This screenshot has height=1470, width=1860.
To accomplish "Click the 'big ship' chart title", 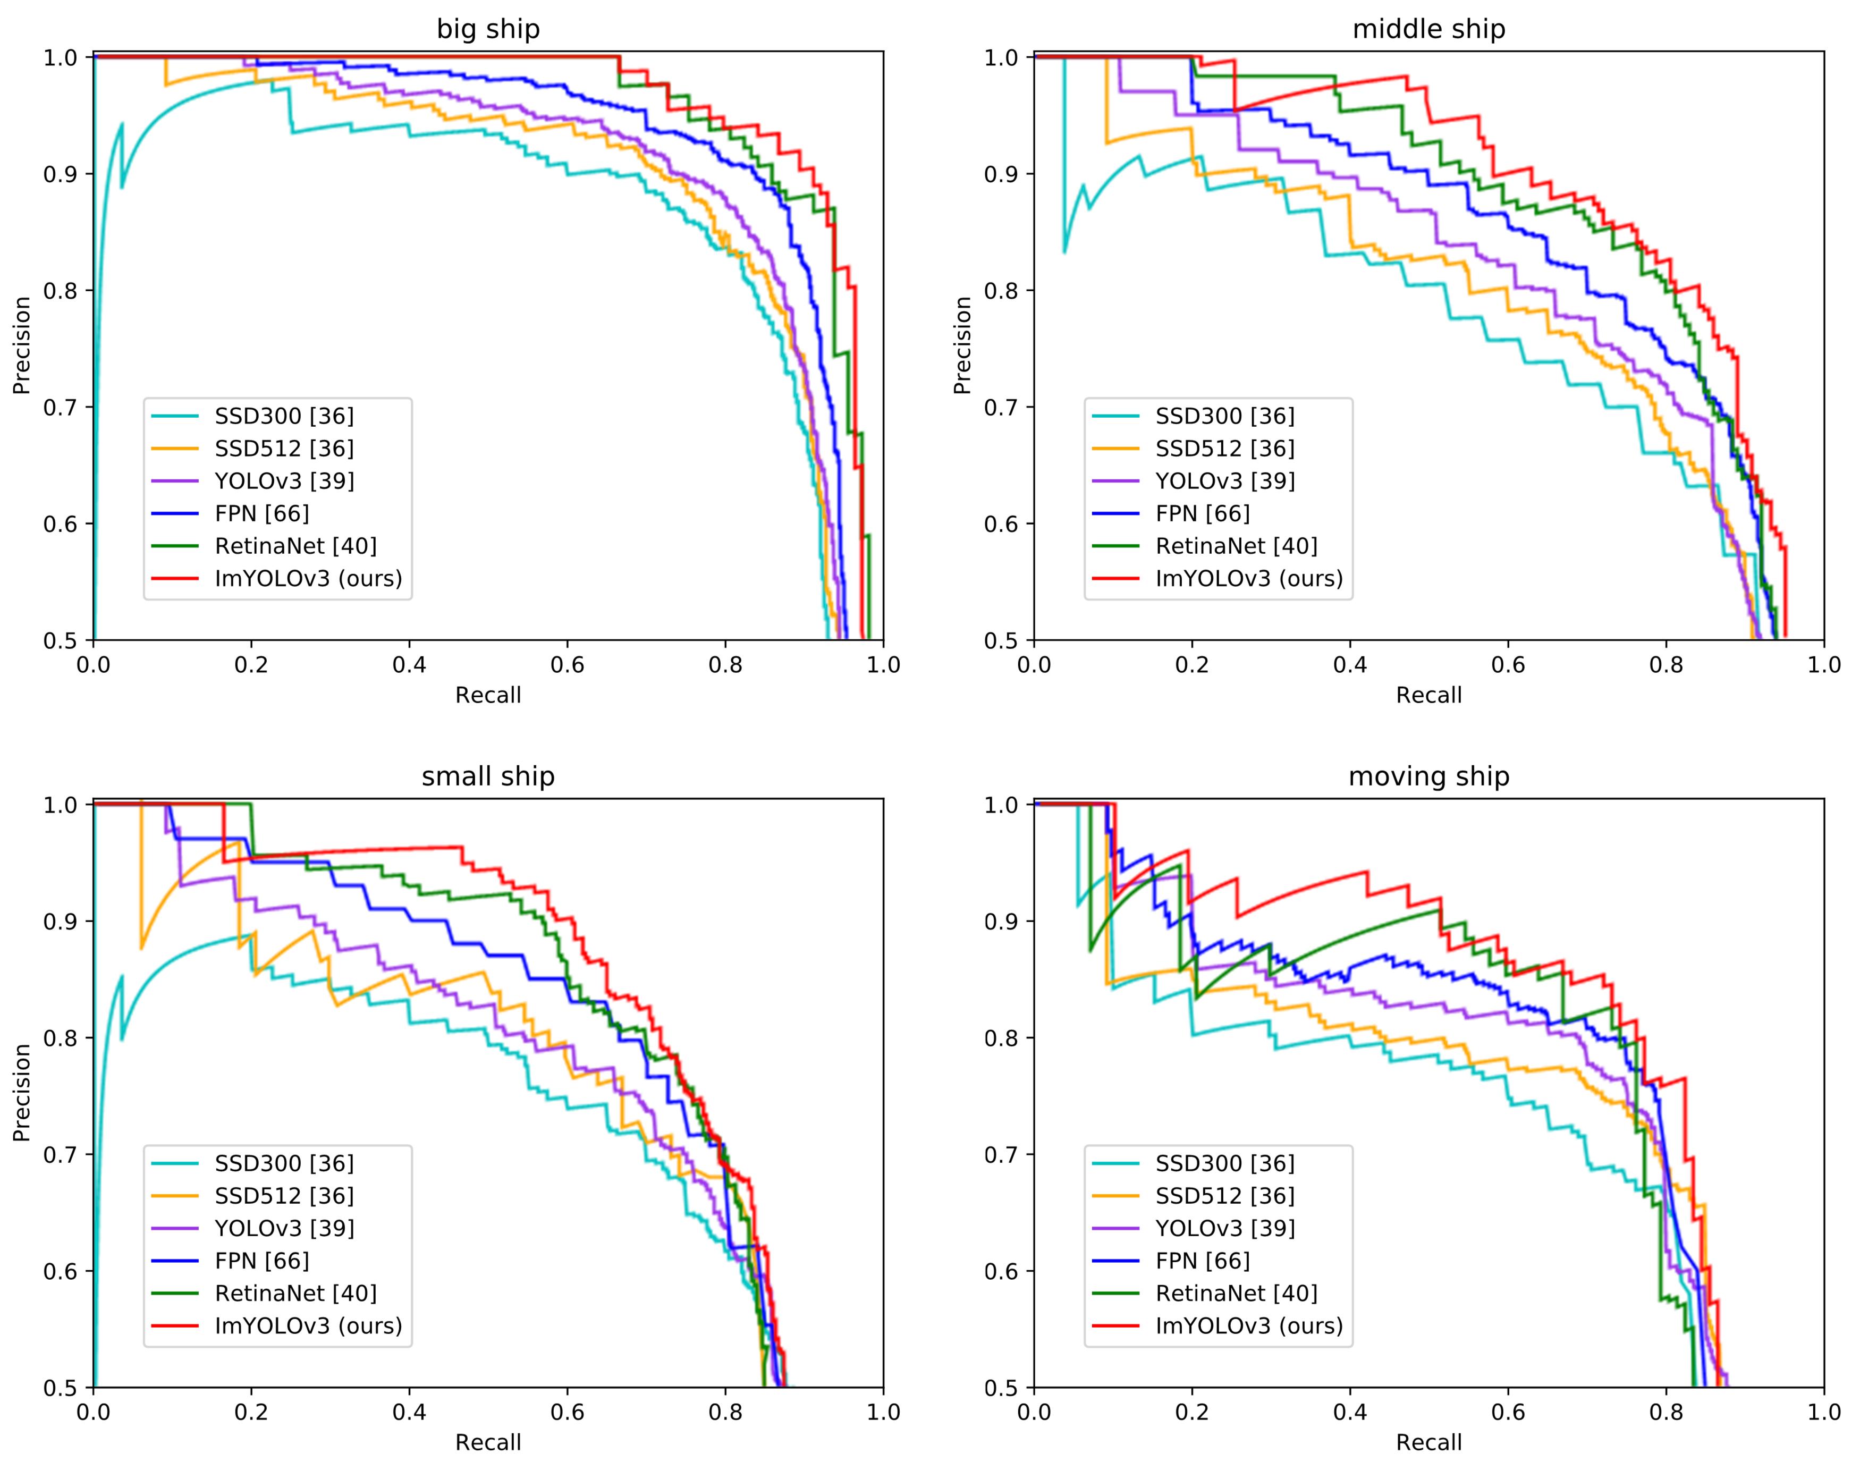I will [x=488, y=29].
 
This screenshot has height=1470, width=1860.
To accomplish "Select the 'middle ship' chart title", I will [x=1429, y=29].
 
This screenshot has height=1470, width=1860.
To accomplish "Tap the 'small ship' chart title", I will [x=488, y=776].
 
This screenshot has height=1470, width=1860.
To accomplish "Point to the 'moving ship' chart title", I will [x=1429, y=776].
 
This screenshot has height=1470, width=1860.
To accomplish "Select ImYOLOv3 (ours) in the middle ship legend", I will [x=1249, y=578].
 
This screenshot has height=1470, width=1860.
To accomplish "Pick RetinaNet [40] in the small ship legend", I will [x=295, y=1294].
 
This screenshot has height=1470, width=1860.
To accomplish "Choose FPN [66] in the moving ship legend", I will [x=1203, y=1261].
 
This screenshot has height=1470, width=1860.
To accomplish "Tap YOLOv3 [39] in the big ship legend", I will [x=284, y=481].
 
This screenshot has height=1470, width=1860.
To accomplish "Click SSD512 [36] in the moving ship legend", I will [x=1225, y=1196].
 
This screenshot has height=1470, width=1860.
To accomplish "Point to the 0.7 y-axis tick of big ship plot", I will [x=60, y=407].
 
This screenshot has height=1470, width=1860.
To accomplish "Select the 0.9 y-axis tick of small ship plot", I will [x=60, y=922].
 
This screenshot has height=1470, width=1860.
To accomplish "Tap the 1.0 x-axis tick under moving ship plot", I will [x=1823, y=1412].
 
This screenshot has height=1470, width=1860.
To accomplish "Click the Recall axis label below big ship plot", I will [x=488, y=696].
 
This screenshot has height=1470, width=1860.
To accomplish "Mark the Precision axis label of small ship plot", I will [x=21, y=1093].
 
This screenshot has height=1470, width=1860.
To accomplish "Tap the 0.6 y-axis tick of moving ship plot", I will [x=1001, y=1271].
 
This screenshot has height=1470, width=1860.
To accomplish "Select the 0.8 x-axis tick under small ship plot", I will [x=725, y=1412].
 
